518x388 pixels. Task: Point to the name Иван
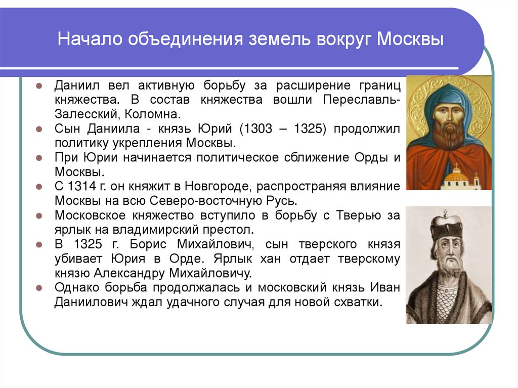click(387, 288)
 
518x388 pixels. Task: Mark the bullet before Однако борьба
click(38, 288)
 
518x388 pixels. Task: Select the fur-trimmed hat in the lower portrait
click(447, 227)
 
